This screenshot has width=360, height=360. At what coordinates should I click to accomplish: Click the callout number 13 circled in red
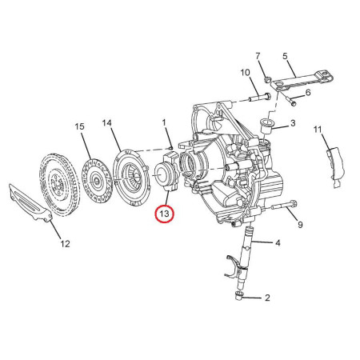(164, 214)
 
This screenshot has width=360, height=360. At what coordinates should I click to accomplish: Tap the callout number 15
(79, 126)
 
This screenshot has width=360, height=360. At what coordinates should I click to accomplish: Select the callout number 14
(107, 123)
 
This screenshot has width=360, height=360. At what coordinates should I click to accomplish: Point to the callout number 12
(66, 244)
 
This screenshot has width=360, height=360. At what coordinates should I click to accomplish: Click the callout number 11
(318, 130)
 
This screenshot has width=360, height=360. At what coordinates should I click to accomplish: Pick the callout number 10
(246, 72)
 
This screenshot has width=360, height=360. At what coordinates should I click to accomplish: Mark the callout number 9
(300, 225)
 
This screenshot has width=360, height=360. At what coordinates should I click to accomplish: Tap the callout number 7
(258, 56)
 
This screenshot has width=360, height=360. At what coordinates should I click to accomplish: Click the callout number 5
(286, 56)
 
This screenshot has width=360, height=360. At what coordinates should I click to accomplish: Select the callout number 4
(278, 243)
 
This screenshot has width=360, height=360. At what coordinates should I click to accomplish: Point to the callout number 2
(267, 298)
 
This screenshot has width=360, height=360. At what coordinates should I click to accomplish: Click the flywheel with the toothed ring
(59, 184)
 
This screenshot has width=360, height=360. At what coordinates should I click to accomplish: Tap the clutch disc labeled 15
(96, 180)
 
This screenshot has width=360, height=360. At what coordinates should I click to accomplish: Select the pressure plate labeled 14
(133, 178)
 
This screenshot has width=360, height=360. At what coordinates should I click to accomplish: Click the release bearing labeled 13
(166, 171)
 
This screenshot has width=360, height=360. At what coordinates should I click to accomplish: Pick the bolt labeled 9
(284, 206)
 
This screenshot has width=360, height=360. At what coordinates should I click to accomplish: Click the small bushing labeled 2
(238, 296)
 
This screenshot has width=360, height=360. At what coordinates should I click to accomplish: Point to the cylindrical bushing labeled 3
(266, 126)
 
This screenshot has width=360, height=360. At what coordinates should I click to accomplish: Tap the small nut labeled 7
(268, 79)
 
